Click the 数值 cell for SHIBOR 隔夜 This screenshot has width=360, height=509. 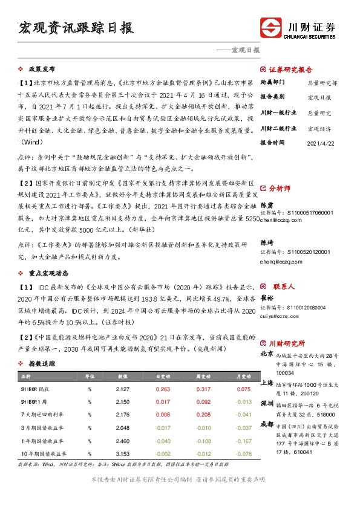[121, 389]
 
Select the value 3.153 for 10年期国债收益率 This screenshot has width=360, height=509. [121, 453]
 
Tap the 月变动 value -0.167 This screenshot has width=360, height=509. [242, 440]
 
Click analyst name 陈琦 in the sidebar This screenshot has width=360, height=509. [267, 241]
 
